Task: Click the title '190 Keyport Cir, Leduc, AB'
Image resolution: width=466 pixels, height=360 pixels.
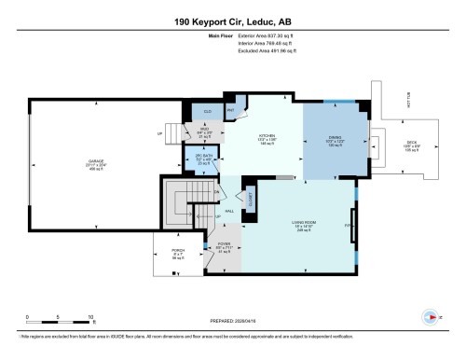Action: pos(233,21)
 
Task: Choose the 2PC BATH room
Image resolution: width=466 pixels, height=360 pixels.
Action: pos(205,159)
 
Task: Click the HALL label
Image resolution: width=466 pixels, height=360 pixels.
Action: pos(229,211)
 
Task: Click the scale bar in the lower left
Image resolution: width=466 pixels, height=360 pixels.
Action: pos(58,312)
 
